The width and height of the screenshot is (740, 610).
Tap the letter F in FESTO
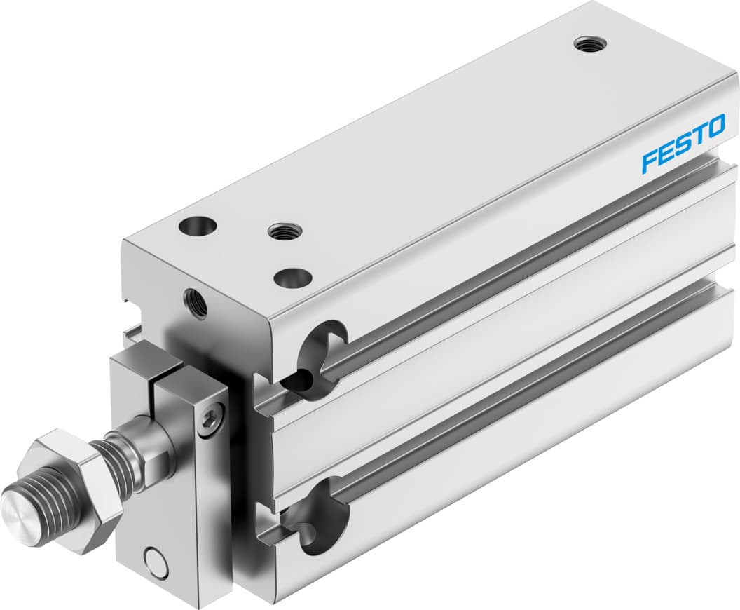pos(650,161)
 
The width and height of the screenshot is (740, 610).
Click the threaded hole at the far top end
pos(590,44)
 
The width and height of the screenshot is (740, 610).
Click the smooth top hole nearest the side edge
pos(291,278)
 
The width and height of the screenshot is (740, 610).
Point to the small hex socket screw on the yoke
pos(209,421)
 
